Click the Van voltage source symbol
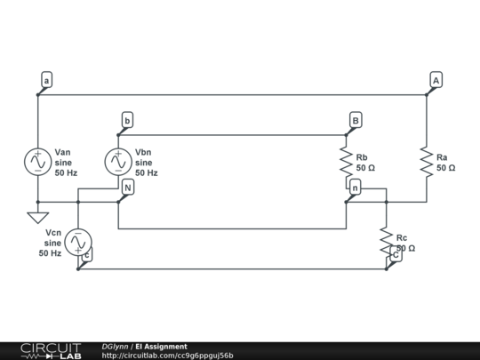pos(38,161)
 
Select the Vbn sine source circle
pos(118,161)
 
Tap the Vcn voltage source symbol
pos(78,241)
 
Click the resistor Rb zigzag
pos(347,161)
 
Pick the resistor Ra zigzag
pos(427,161)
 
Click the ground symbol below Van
pos(38,216)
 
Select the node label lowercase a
pos(46,81)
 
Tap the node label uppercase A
pos(435,81)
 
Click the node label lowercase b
pos(127,120)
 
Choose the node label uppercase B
pos(355,120)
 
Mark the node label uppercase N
pos(127,188)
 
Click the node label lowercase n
pos(355,188)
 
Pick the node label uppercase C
pos(396,254)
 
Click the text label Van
pos(64,152)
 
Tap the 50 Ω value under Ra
pos(445,167)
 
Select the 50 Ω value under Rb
pos(365,167)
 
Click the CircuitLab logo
pos(50,350)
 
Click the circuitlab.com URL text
pos(168,356)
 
